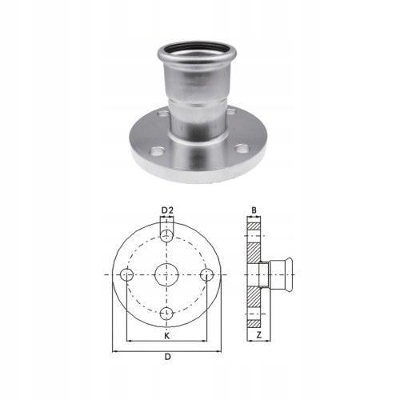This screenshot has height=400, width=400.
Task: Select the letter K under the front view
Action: tap(166, 336)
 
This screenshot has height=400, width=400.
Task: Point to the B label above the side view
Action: tap(253, 211)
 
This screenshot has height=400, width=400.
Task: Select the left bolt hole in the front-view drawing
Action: tap(127, 274)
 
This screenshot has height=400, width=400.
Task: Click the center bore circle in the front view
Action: tap(166, 274)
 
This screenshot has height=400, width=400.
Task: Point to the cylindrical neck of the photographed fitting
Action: tap(199, 116)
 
